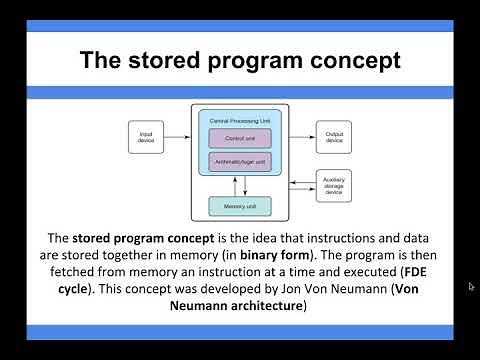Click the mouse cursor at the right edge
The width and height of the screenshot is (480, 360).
coord(471,287)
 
